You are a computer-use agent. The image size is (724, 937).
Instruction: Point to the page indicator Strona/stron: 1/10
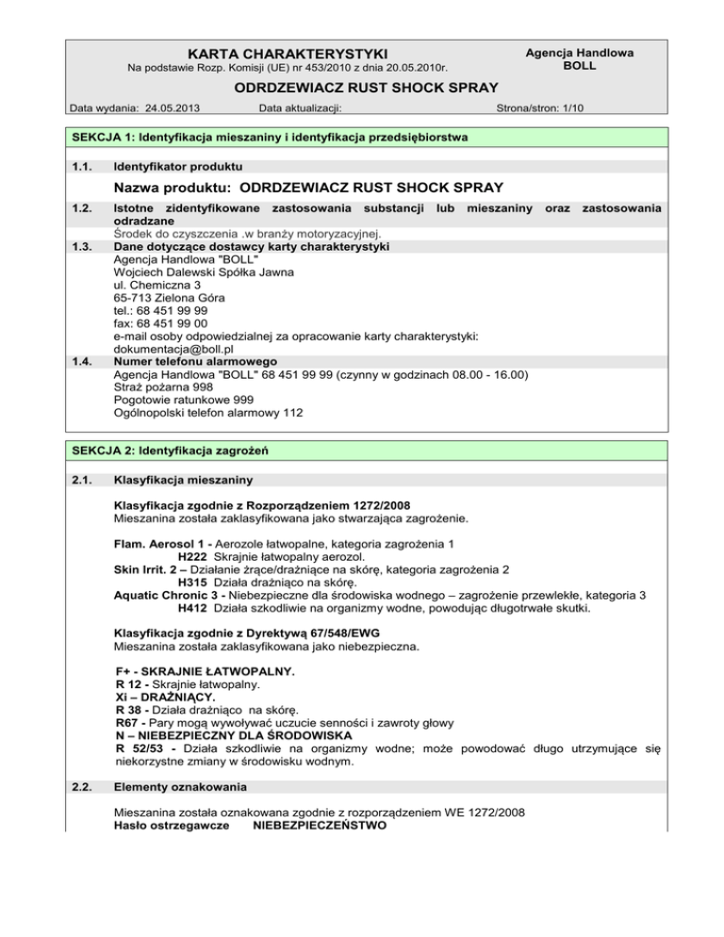[x=540, y=108]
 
